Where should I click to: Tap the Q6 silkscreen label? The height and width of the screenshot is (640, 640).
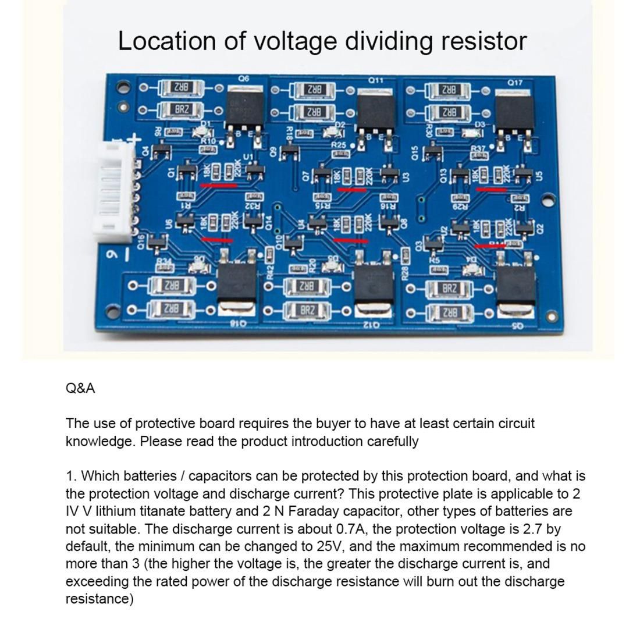point(243,79)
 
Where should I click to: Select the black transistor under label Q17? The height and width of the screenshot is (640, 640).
point(514,115)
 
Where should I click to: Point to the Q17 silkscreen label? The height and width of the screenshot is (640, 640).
point(515,83)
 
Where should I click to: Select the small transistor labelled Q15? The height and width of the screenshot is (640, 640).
point(432,153)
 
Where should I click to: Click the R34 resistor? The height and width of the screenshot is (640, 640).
point(165,268)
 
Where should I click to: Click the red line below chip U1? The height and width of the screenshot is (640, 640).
point(218,186)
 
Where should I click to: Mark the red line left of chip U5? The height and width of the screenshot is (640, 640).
point(492,189)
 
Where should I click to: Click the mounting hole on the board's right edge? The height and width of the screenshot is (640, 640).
point(547,201)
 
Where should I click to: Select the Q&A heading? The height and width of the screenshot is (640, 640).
point(80,388)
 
